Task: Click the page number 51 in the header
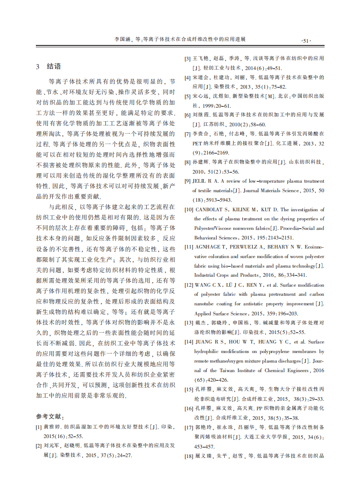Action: [x=305, y=40]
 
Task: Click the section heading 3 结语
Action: [x=48, y=66]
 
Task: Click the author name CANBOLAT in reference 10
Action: [x=209, y=210]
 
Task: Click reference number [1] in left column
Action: [x=39, y=427]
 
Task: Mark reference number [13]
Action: [x=188, y=323]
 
